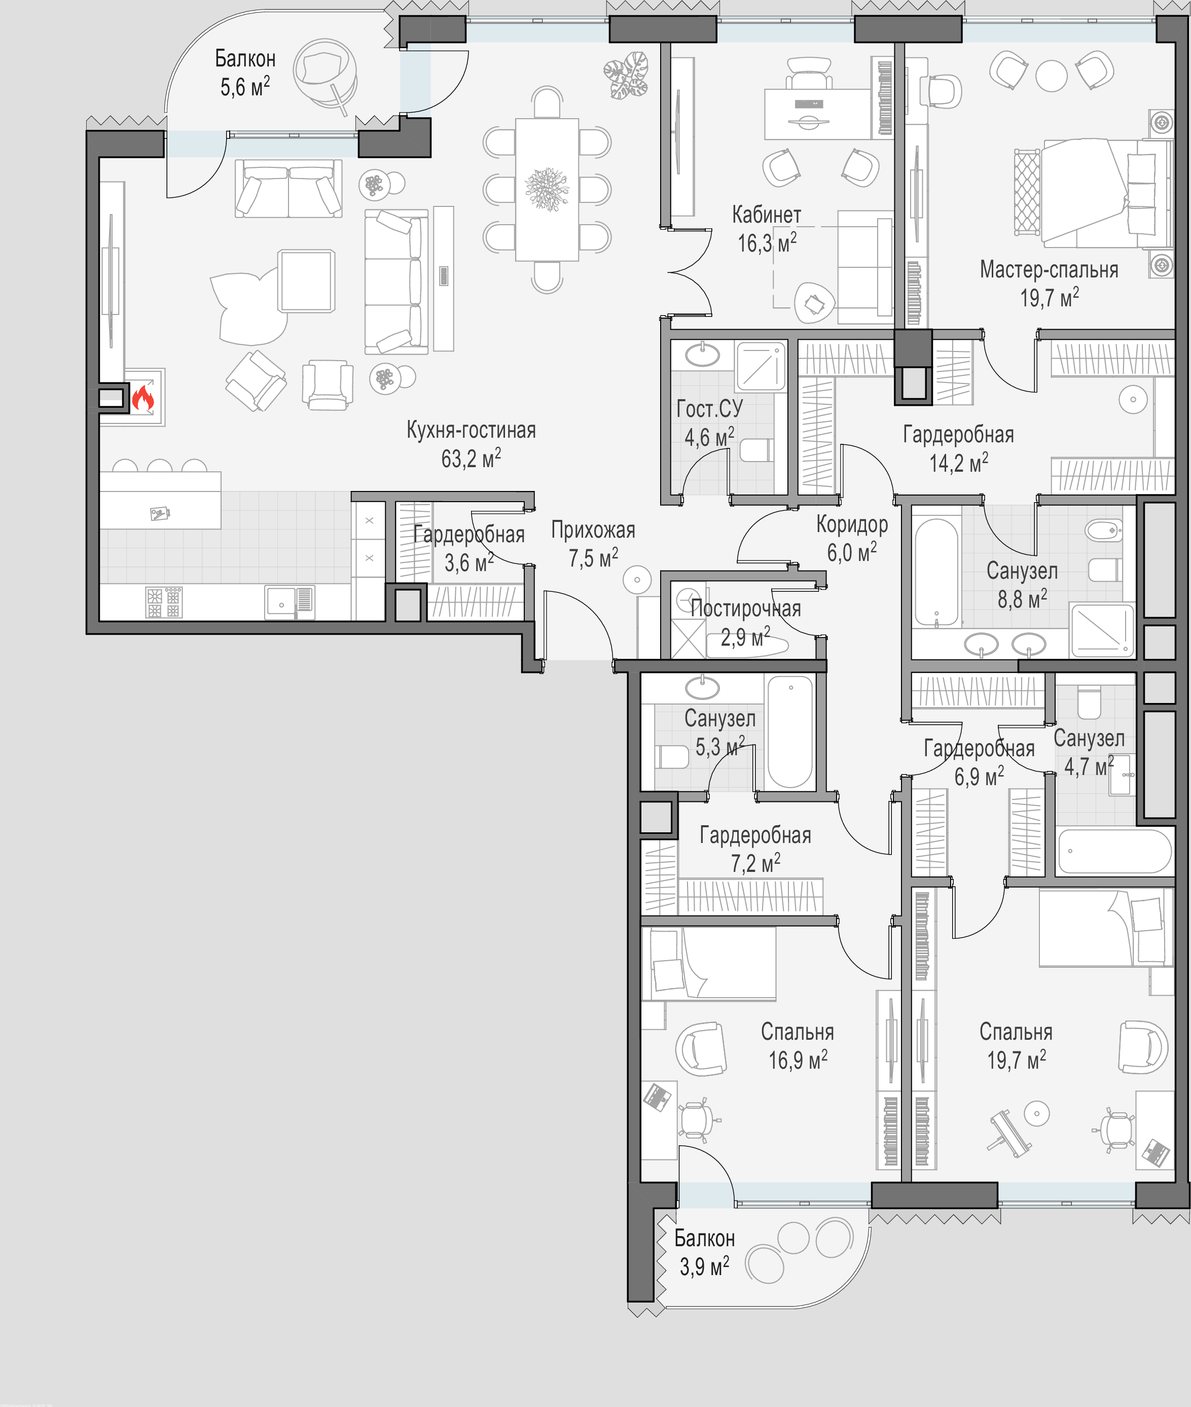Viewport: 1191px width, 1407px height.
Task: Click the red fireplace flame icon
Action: click(143, 398)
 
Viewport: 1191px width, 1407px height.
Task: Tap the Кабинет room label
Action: click(766, 215)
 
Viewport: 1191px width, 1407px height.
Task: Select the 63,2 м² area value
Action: click(471, 458)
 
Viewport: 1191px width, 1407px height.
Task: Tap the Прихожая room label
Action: click(593, 530)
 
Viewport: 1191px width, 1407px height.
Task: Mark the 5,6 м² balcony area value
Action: click(245, 86)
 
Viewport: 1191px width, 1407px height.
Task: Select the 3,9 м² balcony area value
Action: click(704, 1266)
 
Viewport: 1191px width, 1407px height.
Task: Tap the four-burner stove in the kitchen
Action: click(163, 602)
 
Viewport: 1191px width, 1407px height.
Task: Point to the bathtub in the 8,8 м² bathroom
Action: click(936, 572)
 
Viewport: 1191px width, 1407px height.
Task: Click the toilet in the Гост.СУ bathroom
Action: click(756, 450)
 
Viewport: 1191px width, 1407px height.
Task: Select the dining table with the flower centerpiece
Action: click(547, 189)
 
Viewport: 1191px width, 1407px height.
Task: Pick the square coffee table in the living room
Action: click(307, 281)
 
